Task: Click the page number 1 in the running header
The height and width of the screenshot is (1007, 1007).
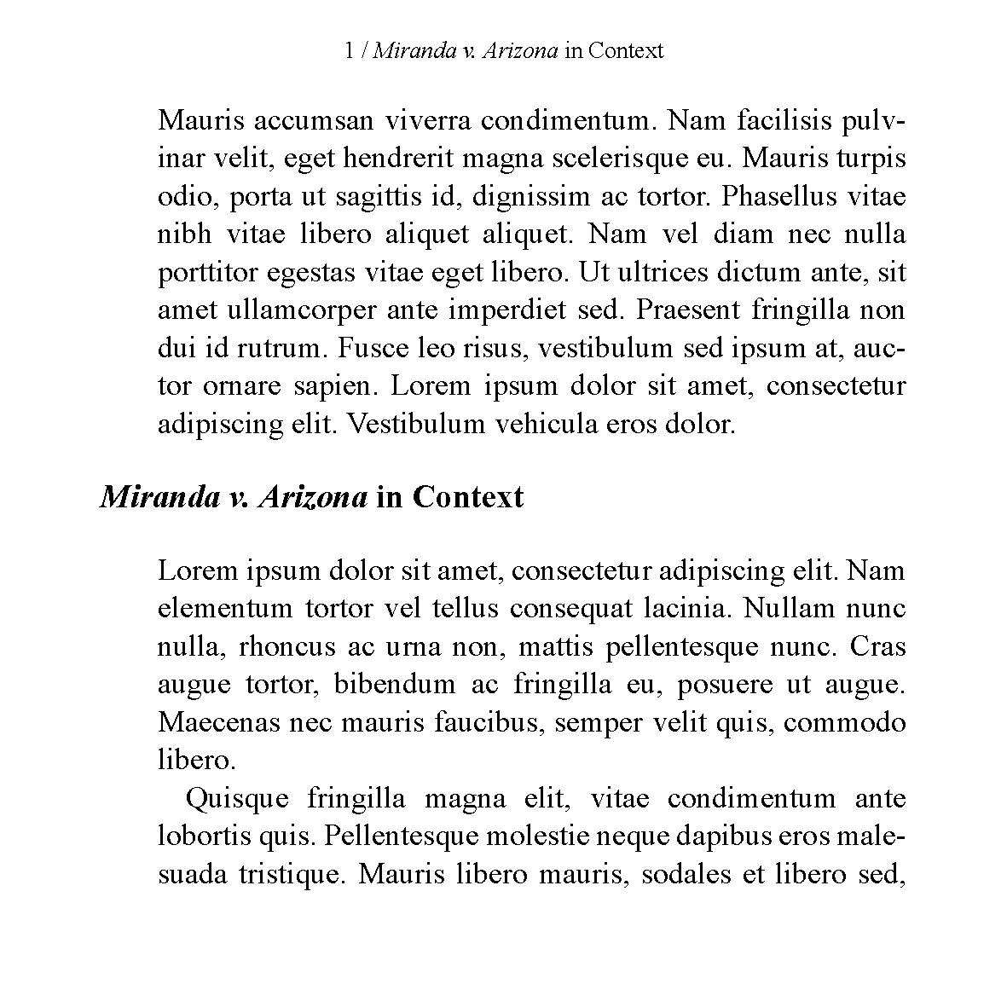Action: (349, 51)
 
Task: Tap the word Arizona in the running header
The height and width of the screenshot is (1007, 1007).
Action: (520, 51)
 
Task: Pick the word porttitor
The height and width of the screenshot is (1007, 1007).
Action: (208, 273)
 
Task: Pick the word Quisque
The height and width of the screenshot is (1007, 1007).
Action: (237, 799)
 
